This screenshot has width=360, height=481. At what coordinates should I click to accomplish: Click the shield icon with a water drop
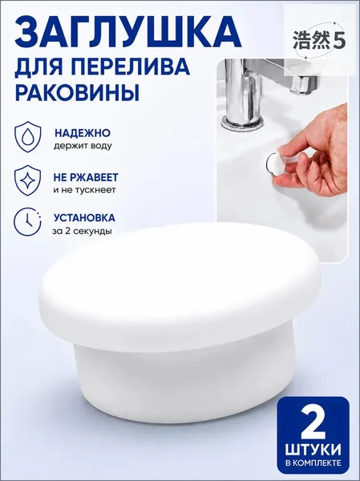28,137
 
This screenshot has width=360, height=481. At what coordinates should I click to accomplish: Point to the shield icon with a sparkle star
27,180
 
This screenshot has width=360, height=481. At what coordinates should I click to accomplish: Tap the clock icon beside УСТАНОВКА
27,221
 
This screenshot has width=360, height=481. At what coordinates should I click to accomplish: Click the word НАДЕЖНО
83,133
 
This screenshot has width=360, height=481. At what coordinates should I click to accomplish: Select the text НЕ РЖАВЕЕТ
86,177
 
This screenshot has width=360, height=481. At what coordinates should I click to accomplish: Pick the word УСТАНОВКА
85,218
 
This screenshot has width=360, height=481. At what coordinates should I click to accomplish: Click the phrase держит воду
83,146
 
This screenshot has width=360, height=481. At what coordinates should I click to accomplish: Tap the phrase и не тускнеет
84,190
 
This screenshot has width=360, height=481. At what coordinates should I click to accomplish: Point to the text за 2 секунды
82,231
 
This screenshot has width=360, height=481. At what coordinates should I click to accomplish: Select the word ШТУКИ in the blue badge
313,450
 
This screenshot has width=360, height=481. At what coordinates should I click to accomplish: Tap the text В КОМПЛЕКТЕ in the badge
313,463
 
